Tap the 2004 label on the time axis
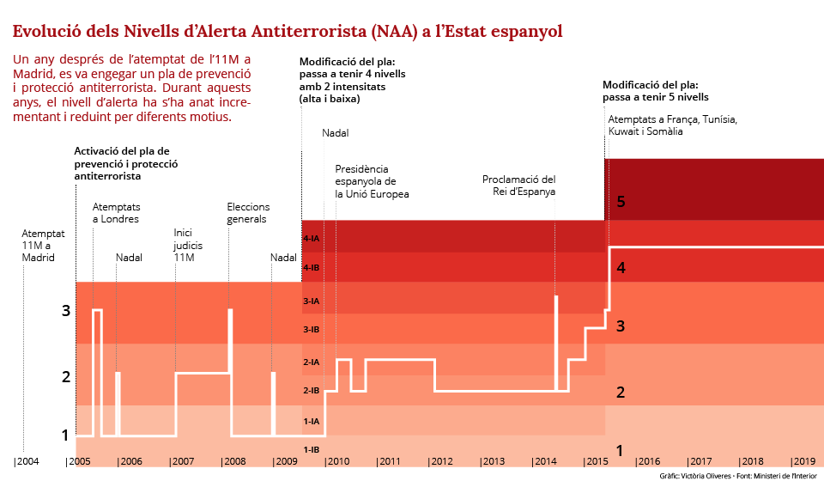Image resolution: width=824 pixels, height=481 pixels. (27, 462)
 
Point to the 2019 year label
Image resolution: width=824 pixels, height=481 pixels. (803, 462)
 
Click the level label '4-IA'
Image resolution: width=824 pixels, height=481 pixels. (312, 238)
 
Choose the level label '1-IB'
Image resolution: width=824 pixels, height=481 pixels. (312, 450)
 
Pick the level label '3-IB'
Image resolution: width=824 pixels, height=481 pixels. (312, 330)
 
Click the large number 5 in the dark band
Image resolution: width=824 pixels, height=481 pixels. (621, 203)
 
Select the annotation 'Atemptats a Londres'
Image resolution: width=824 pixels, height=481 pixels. (116, 213)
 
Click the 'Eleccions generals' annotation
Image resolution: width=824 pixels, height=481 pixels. (248, 213)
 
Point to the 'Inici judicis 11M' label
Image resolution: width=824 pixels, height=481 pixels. (188, 245)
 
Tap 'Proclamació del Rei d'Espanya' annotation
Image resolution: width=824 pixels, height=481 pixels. (518, 186)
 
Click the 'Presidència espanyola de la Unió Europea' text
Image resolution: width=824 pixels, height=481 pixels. (372, 182)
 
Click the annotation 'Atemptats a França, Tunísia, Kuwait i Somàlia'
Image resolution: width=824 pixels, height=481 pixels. (672, 125)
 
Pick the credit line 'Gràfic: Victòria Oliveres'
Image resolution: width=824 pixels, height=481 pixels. (695, 475)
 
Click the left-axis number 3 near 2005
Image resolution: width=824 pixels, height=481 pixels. (65, 311)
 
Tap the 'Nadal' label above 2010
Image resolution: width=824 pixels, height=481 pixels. (336, 133)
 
